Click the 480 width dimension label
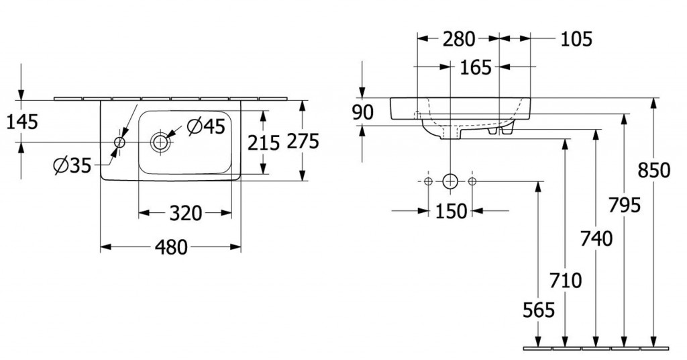tap(171, 248)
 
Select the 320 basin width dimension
tap(186, 214)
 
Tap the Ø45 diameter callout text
tap(206, 127)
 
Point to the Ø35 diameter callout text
tap(72, 166)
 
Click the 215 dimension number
tap(263, 143)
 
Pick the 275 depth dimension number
tap(303, 141)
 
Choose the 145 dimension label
tap(22, 122)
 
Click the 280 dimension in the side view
tap(459, 40)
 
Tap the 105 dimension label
tap(576, 40)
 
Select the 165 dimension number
tap(476, 68)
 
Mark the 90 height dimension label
tap(363, 113)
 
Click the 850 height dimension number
tap(653, 171)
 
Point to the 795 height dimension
tap(625, 206)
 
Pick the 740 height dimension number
tap(596, 239)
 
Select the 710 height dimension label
tap(566, 281)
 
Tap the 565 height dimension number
tap(539, 310)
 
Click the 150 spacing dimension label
tap(452, 212)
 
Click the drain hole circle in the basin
tap(160, 142)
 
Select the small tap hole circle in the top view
tap(119, 142)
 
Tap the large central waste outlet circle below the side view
tap(450, 181)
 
